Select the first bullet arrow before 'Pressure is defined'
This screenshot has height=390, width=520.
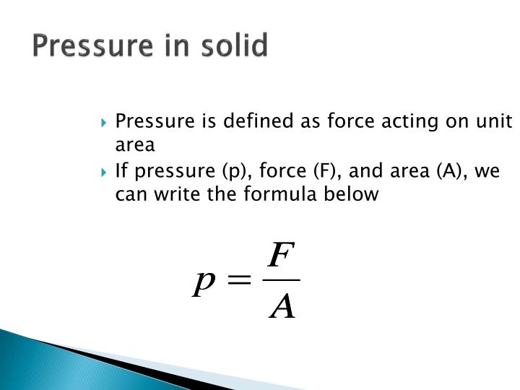pyautogui.click(x=106, y=122)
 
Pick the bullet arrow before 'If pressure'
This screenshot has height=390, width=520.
pyautogui.click(x=106, y=173)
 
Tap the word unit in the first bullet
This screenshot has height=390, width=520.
pyautogui.click(x=495, y=121)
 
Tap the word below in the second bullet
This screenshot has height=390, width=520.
pyautogui.click(x=353, y=194)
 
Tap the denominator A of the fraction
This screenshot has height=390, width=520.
pyautogui.click(x=282, y=307)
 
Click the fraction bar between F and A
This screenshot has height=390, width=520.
pyautogui.click(x=282, y=280)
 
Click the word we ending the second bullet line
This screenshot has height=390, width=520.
pyautogui.click(x=487, y=173)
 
